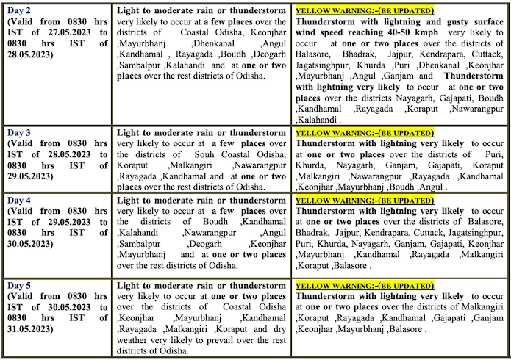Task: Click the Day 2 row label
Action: (x=21, y=12)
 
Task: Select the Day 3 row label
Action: (x=21, y=132)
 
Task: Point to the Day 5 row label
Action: (x=21, y=284)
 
